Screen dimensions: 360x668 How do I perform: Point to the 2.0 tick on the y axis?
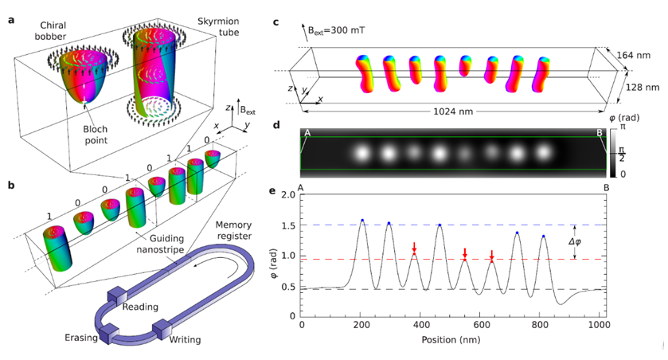pyautogui.click(x=290, y=195)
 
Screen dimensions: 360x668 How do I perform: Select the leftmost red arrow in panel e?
pyautogui.click(x=414, y=248)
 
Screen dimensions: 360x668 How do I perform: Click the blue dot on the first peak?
pyautogui.click(x=362, y=220)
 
